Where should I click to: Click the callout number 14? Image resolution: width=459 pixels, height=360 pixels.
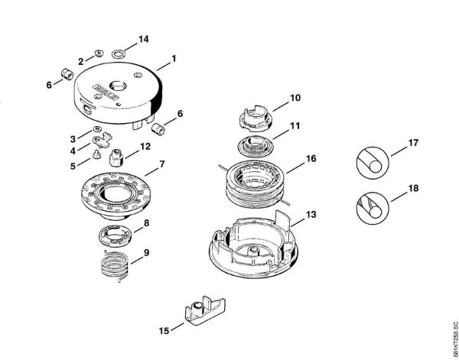[x=142, y=38]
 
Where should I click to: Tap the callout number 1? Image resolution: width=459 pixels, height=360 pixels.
[x=174, y=57]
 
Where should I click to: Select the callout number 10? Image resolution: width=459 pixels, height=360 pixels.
[x=295, y=98]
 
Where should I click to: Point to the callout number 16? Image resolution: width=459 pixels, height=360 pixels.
[x=311, y=159]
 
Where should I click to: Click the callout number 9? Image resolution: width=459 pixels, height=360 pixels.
[x=145, y=252]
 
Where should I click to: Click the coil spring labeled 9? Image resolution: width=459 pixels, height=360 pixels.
[x=114, y=267]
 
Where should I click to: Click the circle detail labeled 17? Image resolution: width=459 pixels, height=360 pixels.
[x=373, y=162]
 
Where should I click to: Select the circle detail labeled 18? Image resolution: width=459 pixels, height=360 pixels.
[x=373, y=206]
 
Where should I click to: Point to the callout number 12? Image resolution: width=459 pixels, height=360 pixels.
[x=145, y=145]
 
